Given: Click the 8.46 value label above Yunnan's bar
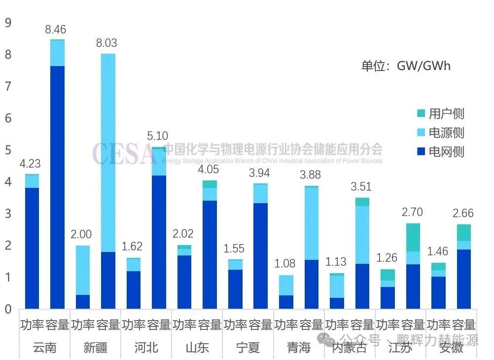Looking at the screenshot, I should pos(57,29).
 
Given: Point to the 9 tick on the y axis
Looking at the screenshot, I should pos(7,23).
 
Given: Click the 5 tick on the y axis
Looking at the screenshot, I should pos(7,150).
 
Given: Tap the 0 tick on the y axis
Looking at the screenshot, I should pos(7,309).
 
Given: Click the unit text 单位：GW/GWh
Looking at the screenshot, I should pos(406,66).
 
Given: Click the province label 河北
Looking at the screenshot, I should pos(146,347).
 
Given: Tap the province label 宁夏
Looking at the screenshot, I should pos(247,347).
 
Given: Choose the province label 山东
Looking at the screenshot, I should pos(197,347).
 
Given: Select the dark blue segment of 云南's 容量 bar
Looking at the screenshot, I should pos(57,187).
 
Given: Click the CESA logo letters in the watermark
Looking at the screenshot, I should pos(123,153).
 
